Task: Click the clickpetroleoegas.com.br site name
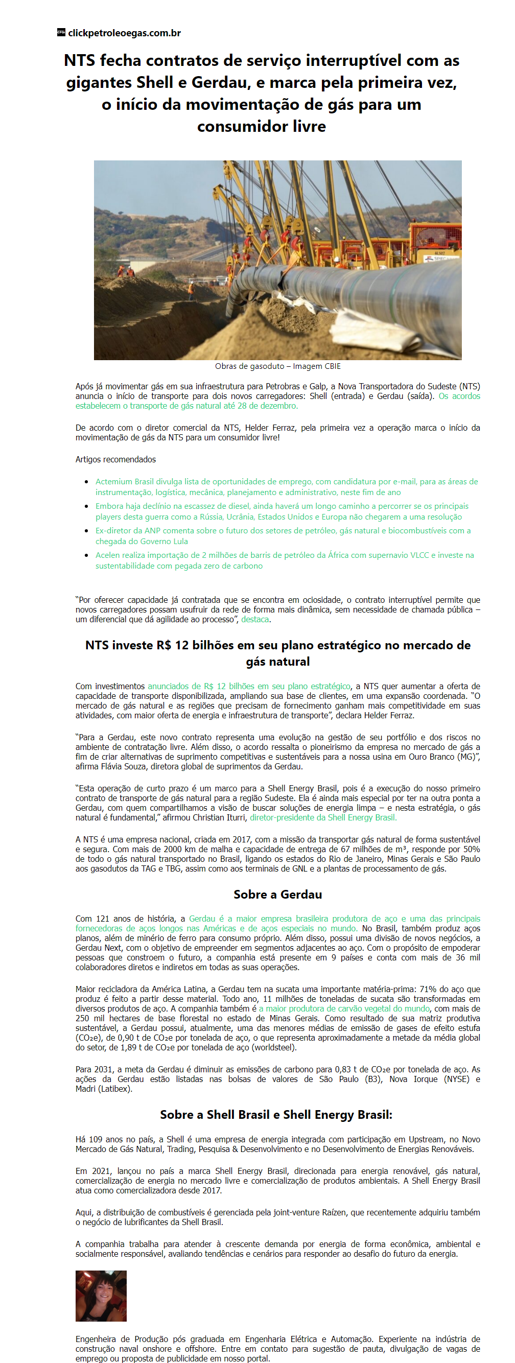[x=124, y=33]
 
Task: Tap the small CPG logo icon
[x=61, y=32]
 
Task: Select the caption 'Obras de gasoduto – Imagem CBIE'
[x=277, y=366]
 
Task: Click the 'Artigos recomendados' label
[x=115, y=459]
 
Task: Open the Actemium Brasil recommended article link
[x=286, y=487]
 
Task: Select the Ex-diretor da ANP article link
[x=283, y=535]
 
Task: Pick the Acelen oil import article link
[x=284, y=560]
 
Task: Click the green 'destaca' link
[x=254, y=619]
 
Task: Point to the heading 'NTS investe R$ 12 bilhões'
[x=277, y=653]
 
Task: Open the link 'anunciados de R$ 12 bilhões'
[x=249, y=686]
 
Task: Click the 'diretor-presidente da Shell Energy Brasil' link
[x=323, y=817]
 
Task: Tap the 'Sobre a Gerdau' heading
[x=277, y=894]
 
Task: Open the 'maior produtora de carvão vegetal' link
[x=344, y=1008]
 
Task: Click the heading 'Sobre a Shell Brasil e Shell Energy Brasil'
[x=276, y=1114]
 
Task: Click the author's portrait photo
[x=101, y=1296]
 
